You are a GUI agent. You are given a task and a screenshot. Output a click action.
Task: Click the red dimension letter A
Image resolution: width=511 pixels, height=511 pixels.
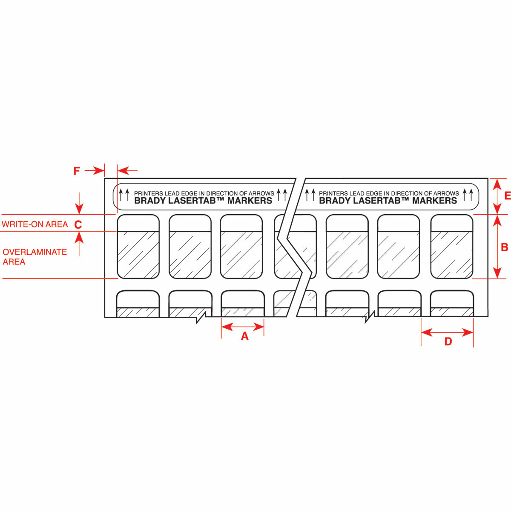click(x=244, y=336)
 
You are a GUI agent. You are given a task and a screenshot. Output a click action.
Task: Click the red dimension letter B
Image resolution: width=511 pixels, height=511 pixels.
click(x=504, y=247)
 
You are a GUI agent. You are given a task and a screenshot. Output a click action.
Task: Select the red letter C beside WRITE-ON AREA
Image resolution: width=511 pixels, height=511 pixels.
click(x=78, y=224)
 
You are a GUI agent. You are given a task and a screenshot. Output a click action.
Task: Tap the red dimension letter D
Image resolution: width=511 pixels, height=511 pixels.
click(x=448, y=342)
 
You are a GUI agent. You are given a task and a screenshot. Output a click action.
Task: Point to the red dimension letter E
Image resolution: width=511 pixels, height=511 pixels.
click(x=507, y=196)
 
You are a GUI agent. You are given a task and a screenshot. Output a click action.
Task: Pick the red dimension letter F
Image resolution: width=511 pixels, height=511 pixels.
click(x=76, y=171)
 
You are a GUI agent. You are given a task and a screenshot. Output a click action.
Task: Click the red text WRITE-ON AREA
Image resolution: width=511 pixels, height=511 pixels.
click(x=35, y=224)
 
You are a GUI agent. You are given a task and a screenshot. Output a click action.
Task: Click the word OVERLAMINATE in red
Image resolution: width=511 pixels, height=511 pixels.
click(x=35, y=252)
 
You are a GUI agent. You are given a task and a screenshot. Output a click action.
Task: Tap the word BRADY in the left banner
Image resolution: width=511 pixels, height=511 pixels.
click(x=150, y=201)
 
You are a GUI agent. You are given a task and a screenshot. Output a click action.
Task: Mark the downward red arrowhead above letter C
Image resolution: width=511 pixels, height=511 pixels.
click(x=79, y=209)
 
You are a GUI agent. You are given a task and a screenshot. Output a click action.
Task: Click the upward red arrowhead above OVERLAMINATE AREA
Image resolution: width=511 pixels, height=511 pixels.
click(x=79, y=237)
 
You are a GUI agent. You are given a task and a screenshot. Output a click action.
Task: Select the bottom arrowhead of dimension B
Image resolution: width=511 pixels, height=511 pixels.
click(x=497, y=273)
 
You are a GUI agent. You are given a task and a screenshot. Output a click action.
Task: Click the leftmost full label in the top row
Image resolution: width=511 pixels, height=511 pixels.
click(x=138, y=247)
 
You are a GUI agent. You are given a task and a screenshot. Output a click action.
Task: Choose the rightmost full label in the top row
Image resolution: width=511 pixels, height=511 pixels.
click(x=452, y=247)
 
